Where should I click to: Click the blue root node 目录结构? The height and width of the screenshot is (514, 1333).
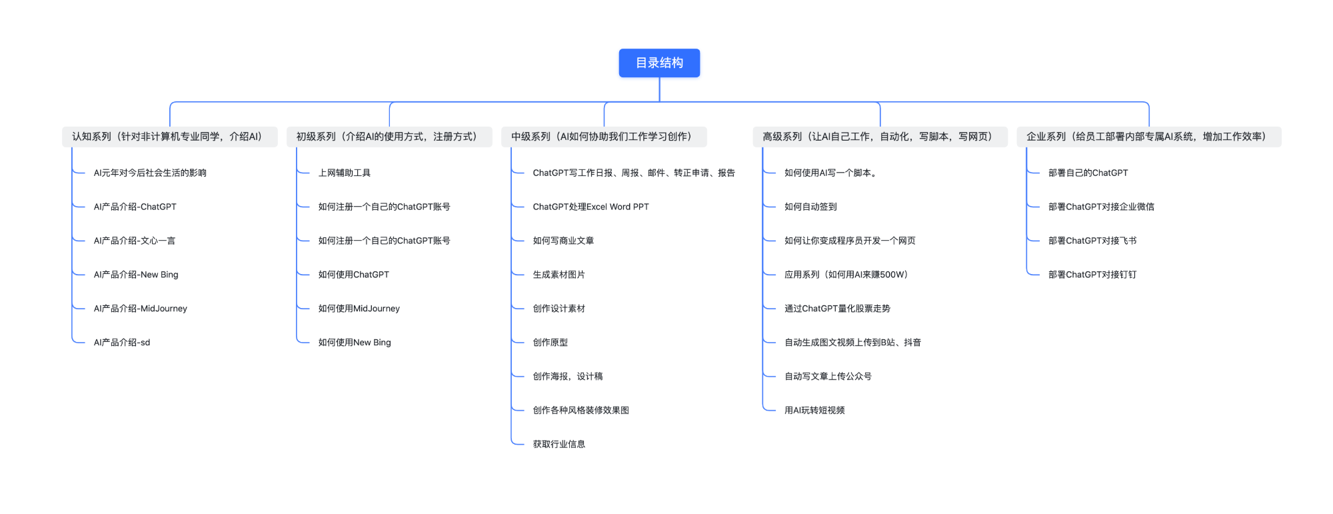click(x=659, y=63)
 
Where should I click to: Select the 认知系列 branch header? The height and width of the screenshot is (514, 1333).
click(x=170, y=137)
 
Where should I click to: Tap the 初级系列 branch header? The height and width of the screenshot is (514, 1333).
click(x=389, y=137)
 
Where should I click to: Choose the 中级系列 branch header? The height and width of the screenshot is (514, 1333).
click(x=604, y=137)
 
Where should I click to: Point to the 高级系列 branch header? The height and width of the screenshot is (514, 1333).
click(x=880, y=137)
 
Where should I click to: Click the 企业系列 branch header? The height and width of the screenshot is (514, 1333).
click(x=1148, y=137)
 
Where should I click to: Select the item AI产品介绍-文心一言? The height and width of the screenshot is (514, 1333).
click(x=135, y=241)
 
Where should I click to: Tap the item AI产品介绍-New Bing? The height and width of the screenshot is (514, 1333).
click(x=136, y=275)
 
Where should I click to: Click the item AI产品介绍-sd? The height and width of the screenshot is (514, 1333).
click(x=122, y=343)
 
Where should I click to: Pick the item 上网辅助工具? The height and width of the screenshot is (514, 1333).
click(x=345, y=173)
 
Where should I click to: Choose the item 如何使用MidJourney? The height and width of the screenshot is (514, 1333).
click(x=359, y=309)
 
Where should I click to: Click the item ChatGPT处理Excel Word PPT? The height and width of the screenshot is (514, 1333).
click(x=591, y=207)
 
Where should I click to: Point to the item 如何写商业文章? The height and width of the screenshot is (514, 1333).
click(x=563, y=241)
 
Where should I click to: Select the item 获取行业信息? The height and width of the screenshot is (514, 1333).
click(x=559, y=444)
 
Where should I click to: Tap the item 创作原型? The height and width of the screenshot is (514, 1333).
click(x=551, y=343)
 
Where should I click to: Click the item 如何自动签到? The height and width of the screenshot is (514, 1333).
click(x=810, y=207)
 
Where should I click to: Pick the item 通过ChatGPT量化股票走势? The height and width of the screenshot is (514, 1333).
click(x=837, y=309)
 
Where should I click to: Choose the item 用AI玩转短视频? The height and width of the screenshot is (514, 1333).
click(x=814, y=410)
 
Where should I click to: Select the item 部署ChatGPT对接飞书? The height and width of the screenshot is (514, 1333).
click(x=1092, y=241)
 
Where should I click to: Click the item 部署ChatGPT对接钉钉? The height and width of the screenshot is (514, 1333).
click(x=1092, y=275)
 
